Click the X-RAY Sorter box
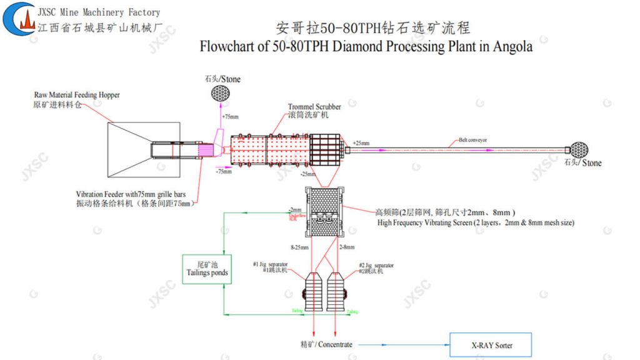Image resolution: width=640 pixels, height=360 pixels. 491,345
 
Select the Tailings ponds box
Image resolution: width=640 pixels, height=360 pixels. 207,269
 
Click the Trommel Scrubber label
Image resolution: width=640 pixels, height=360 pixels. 314,107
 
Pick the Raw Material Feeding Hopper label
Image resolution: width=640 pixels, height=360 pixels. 76,95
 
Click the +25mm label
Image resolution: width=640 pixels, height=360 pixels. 361,143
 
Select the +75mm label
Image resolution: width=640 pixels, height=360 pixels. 230,116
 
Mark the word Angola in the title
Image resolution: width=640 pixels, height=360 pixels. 512,47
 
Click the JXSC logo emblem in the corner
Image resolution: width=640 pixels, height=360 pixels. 19,18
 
